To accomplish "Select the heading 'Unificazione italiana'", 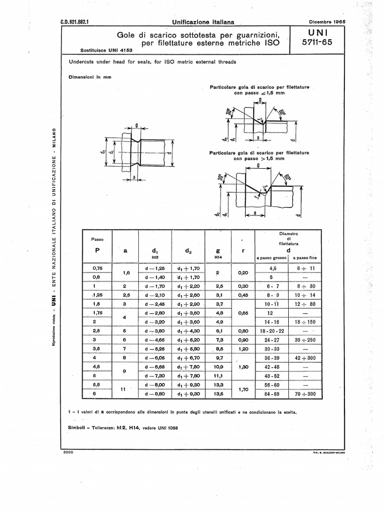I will tap(200, 22).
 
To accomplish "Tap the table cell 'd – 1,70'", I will tap(150, 286).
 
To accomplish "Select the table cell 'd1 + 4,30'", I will tap(188, 331).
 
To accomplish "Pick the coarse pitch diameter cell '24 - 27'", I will tap(274, 340).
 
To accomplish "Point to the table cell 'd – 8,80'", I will tap(150, 394).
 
